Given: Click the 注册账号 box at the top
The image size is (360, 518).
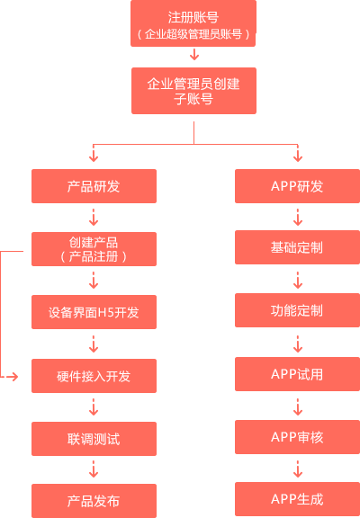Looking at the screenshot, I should pyautogui.click(x=193, y=24).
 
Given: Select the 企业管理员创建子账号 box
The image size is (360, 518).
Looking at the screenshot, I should pyautogui.click(x=193, y=90).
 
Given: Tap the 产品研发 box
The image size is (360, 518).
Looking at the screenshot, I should pyautogui.click(x=94, y=186).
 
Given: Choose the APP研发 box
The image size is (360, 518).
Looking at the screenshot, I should pyautogui.click(x=297, y=186).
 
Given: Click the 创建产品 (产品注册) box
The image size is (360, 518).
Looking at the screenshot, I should pyautogui.click(x=94, y=249).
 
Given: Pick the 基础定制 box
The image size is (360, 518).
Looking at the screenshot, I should pyautogui.click(x=297, y=247).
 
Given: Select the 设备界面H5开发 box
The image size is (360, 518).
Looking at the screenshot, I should pyautogui.click(x=94, y=313).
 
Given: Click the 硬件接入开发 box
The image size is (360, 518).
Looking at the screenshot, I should pyautogui.click(x=94, y=376).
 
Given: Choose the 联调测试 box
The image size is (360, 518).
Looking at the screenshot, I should pyautogui.click(x=94, y=439).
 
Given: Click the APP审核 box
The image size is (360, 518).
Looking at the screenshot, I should pyautogui.click(x=297, y=437).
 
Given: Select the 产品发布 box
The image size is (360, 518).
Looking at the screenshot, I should pyautogui.click(x=94, y=501).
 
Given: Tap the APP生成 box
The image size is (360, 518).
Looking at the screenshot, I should pyautogui.click(x=297, y=499).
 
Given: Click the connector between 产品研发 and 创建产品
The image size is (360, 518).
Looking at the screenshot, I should pyautogui.click(x=94, y=218).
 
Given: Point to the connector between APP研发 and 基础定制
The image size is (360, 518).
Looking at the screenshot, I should pyautogui.click(x=297, y=217).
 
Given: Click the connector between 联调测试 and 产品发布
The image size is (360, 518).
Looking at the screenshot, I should pyautogui.click(x=94, y=470).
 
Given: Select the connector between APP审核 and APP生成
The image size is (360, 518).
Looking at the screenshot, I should pyautogui.click(x=297, y=469).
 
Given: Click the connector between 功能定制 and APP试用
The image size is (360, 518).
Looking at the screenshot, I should pyautogui.click(x=297, y=343).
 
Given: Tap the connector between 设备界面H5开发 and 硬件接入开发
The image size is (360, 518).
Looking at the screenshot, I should pyautogui.click(x=94, y=344).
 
